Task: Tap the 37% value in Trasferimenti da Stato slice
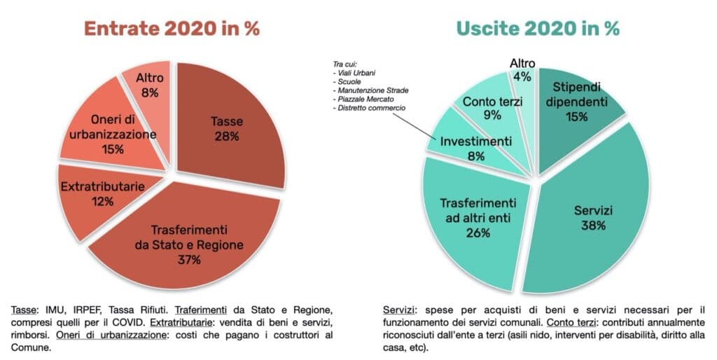(188, 261)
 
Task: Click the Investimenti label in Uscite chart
(475, 141)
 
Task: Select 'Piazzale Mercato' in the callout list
(363, 99)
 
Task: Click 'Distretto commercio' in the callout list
(369, 109)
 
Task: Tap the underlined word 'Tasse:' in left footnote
(25, 310)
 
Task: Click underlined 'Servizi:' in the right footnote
(398, 310)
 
